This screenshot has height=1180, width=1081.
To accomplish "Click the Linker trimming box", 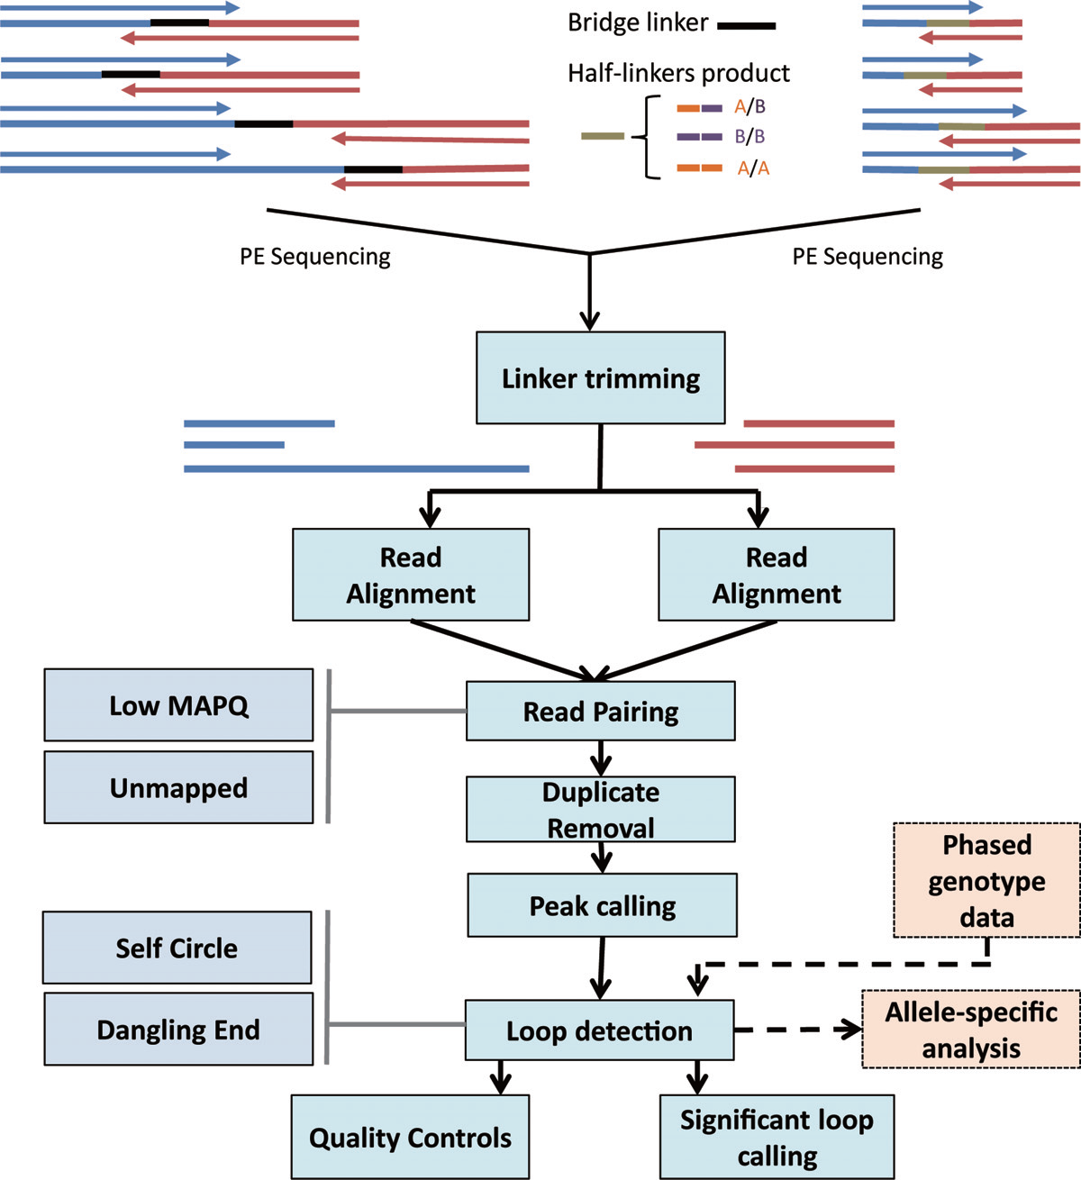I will (600, 378).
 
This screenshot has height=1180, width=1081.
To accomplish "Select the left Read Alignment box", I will (411, 575).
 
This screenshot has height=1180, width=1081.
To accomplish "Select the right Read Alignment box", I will (777, 575).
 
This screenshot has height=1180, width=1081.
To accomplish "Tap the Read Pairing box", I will (600, 712).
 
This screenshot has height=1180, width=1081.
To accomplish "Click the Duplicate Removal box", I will (600, 810).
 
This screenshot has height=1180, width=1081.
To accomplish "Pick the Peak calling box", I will (602, 905).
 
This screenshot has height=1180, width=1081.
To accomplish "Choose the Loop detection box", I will (599, 1030).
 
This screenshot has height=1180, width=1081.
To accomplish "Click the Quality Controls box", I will (410, 1138).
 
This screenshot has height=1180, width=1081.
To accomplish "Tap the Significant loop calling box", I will (777, 1138).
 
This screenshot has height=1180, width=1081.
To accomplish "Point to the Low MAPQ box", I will (178, 705).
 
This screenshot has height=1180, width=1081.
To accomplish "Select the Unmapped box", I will (178, 787).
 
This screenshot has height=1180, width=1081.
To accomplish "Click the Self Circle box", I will (177, 948).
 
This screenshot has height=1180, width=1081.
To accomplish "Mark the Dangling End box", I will (178, 1030).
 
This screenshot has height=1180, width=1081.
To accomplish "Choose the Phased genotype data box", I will (986, 880).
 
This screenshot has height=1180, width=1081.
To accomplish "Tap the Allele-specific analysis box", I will (971, 1030).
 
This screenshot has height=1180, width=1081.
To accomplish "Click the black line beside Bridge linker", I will (746, 26).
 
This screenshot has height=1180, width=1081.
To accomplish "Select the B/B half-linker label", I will (749, 137).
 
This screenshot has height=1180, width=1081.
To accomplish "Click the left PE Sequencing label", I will (315, 257).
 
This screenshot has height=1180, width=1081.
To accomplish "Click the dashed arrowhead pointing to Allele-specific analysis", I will (851, 1030).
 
